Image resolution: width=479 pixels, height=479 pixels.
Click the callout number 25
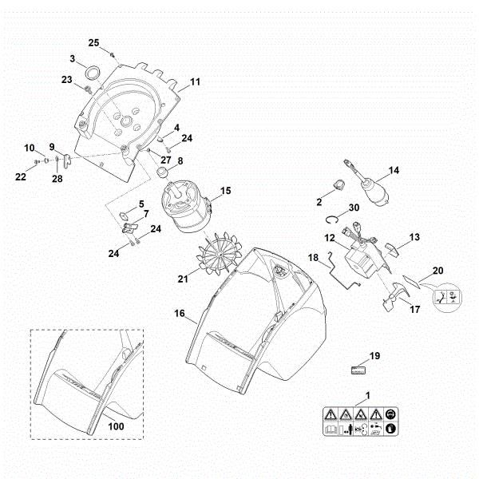pos(93,42)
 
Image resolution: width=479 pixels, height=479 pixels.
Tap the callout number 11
pos(195,81)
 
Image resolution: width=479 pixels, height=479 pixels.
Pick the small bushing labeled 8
pos(164,172)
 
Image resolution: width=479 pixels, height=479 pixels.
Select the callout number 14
pos(394,170)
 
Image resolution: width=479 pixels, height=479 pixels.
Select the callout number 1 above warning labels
pos(366,394)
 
